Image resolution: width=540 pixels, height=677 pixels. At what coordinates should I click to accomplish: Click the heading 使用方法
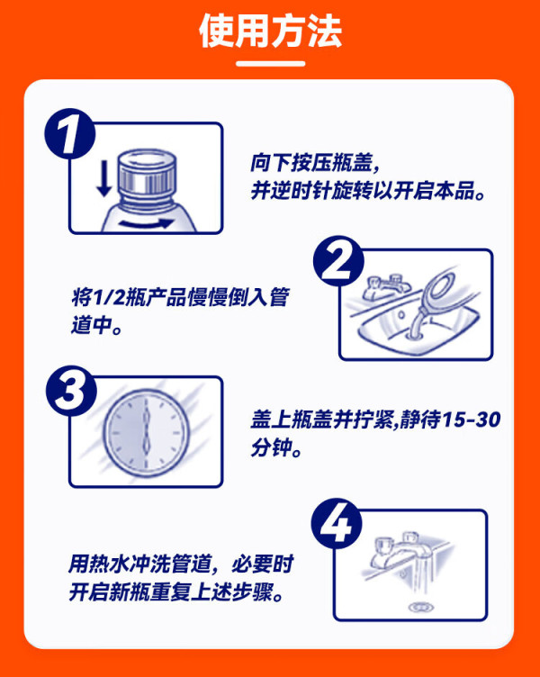coord(270,32)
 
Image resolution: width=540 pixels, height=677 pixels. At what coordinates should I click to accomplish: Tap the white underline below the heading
coord(270,64)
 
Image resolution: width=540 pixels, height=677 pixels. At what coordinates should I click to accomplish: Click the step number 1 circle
coord(70,134)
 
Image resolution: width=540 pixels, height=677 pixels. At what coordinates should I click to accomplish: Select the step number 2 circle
coord(338,261)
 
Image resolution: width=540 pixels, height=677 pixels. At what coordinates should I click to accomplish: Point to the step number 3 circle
coord(71,391)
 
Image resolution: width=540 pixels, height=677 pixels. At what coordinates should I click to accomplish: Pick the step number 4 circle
coord(337,523)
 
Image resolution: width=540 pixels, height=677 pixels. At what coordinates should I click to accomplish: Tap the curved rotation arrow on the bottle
coord(147,223)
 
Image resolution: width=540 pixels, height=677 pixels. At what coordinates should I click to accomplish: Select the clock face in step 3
coord(147,432)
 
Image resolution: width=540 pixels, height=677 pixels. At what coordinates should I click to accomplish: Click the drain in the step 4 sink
coord(417,607)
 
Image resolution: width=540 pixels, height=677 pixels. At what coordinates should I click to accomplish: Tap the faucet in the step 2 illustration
coord(386,285)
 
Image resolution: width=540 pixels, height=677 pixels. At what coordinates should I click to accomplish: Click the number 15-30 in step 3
coord(472,420)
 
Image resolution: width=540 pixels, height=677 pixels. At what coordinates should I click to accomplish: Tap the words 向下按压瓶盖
coord(310,163)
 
